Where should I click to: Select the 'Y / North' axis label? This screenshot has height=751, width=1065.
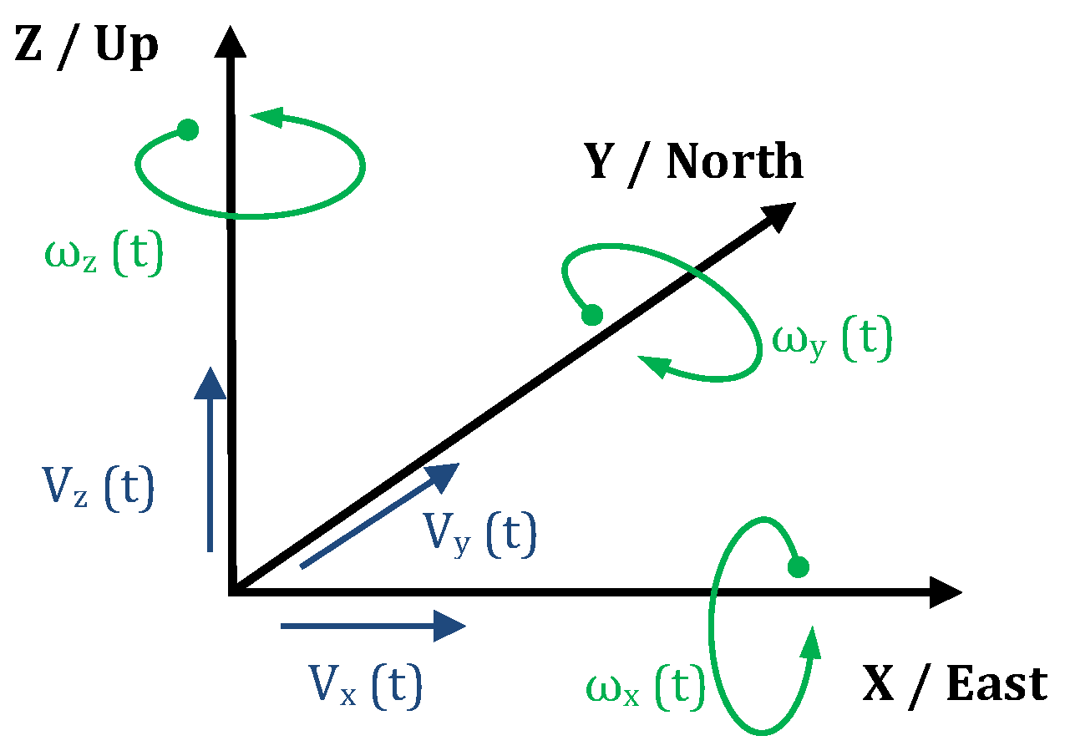[x=693, y=161]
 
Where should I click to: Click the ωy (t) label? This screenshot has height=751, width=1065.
[x=832, y=341]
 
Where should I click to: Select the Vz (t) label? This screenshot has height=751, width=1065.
[x=97, y=490]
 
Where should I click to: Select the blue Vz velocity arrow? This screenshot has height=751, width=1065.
[x=210, y=460]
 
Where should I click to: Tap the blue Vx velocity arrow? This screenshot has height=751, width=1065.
[x=373, y=625]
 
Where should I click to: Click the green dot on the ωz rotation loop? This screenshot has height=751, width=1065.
[x=188, y=130]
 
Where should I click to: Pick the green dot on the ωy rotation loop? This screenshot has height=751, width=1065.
[x=591, y=315]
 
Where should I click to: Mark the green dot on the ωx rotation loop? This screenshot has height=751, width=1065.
[x=798, y=567]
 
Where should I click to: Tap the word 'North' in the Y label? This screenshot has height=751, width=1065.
[x=734, y=161]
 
